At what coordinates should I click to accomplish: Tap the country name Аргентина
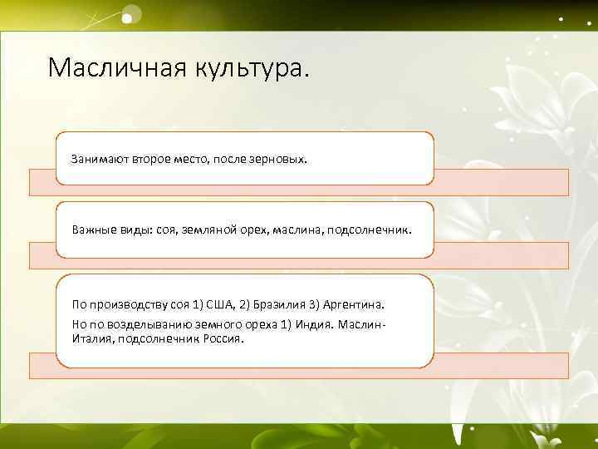coord(363,307)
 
